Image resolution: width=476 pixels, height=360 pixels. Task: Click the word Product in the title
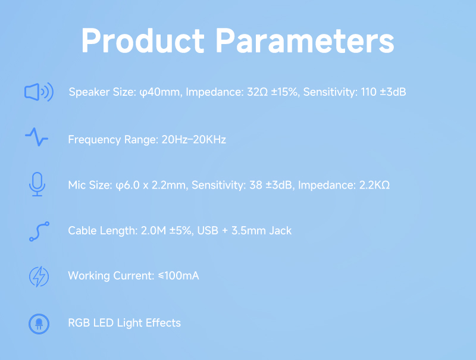click(143, 40)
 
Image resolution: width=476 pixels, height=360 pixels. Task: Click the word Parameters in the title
click(305, 40)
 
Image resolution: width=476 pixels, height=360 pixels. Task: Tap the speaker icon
click(39, 92)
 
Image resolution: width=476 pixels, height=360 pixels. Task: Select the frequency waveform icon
click(37, 137)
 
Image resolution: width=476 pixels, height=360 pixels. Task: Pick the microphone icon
click(37, 184)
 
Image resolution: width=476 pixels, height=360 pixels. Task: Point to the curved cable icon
click(39, 231)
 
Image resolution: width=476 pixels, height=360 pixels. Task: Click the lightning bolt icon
click(39, 277)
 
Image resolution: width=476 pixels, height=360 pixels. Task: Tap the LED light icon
click(39, 324)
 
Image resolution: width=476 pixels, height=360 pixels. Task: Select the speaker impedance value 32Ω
click(258, 92)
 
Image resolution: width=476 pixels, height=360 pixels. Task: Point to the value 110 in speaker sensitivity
click(368, 92)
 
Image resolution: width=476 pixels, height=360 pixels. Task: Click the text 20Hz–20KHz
click(194, 140)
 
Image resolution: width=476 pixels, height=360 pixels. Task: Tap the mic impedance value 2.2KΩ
click(374, 185)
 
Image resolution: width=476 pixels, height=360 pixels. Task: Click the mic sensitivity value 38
click(256, 185)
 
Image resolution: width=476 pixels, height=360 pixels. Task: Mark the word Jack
click(280, 231)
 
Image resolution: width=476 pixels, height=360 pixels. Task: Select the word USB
click(208, 231)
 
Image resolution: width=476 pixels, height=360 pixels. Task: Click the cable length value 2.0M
click(154, 231)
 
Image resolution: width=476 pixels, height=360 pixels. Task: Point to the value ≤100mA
click(178, 276)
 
